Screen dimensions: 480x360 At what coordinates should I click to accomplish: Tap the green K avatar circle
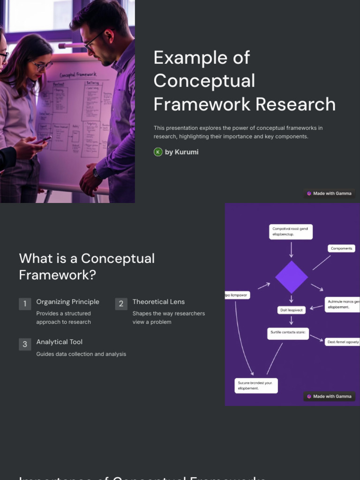[x=158, y=152]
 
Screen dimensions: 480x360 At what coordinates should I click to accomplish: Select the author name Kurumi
[x=187, y=152]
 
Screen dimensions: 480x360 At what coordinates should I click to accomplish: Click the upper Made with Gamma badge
[x=329, y=193]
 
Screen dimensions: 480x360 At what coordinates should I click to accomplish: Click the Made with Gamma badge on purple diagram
[x=329, y=396]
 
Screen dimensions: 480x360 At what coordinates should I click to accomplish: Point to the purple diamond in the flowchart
[x=291, y=277]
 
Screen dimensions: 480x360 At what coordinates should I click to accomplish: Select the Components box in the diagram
[x=341, y=248]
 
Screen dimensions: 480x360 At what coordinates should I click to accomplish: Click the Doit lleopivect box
[x=291, y=310]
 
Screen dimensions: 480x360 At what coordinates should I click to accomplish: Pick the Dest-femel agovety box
[x=343, y=342]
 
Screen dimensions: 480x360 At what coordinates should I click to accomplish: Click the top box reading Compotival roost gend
[x=291, y=232]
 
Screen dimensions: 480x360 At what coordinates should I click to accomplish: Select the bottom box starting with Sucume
[x=256, y=385]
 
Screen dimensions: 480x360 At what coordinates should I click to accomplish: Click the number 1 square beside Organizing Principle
[x=25, y=304]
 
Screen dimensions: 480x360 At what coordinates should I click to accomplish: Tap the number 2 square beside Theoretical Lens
[x=121, y=304]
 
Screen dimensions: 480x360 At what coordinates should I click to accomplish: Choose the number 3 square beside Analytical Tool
[x=25, y=344]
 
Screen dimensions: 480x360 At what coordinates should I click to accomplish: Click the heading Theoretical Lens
[x=158, y=302]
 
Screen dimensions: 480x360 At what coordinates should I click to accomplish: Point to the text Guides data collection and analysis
[x=81, y=354]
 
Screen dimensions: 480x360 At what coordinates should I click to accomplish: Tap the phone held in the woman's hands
[x=41, y=140]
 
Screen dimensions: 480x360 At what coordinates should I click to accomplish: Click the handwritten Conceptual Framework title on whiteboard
[x=78, y=75]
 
